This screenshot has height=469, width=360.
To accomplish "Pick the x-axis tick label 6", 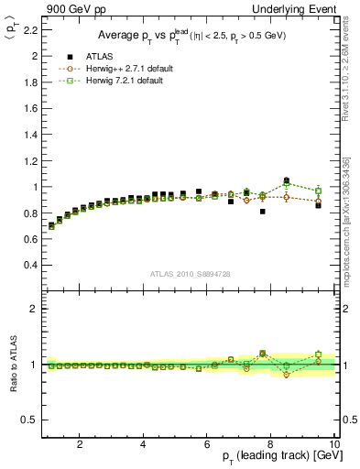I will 207,444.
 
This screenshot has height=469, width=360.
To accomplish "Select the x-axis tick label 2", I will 80,444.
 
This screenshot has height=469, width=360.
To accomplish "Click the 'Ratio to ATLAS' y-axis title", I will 13,364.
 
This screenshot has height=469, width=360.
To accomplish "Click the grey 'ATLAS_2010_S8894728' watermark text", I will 191,274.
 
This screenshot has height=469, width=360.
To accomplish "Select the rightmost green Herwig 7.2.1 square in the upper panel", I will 318,191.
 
